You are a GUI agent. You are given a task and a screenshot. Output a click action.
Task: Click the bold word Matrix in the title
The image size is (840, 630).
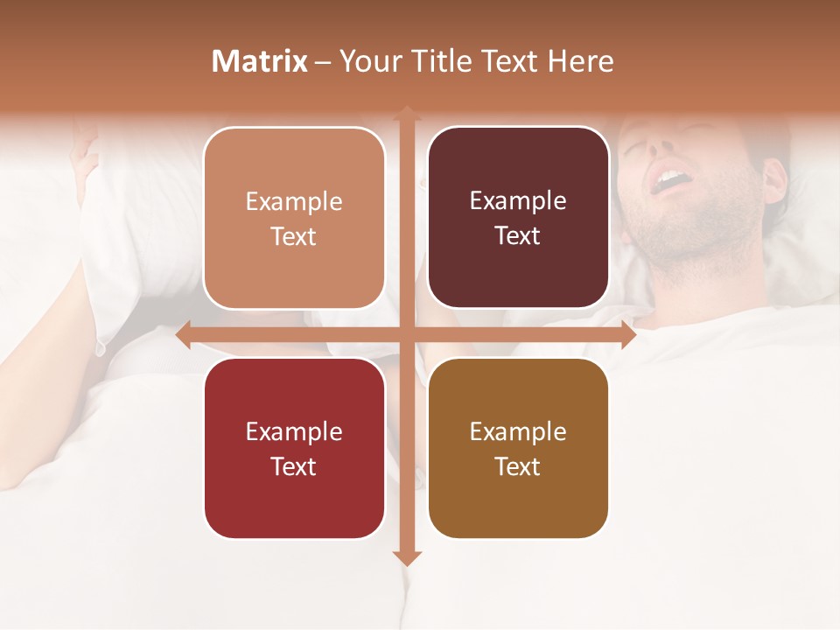pos(260,61)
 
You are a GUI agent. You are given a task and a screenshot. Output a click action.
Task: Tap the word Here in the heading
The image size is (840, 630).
pos(580,61)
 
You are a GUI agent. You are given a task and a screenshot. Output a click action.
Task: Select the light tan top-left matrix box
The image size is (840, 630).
pos(294,218)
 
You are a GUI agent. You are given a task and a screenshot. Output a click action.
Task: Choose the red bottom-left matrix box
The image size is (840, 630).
pos(294,448)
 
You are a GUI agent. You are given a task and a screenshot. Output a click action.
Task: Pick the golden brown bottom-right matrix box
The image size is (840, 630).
pos(518,448)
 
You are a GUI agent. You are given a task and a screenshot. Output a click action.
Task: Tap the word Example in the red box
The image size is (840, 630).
pos(294,431)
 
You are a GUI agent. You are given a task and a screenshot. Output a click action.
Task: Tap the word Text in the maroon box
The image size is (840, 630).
pos(518,235)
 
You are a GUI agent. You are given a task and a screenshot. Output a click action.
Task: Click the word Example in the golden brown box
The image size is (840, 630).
pos(518,431)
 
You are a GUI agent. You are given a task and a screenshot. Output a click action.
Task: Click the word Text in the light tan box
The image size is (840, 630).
pos(294,236)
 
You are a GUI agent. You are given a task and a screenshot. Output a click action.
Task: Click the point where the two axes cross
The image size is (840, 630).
pos(406,335)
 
